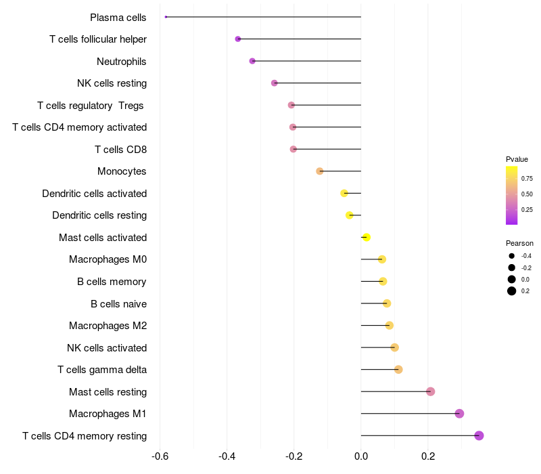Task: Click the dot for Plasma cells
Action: coord(166,17)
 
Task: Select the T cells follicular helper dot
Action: coord(238,39)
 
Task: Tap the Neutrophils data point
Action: coord(252,61)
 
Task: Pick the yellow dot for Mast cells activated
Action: coord(367,237)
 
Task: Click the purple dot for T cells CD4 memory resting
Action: coord(479,435)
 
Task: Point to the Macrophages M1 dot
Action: coord(459,414)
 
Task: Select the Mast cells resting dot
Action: coord(430,391)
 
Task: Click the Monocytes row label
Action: coord(122,171)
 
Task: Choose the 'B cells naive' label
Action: coord(118,303)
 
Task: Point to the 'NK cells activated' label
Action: coord(107,347)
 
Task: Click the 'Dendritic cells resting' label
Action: coord(99,215)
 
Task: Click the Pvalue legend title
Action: coord(517,159)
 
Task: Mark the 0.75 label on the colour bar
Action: coord(527,179)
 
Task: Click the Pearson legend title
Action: coord(519,243)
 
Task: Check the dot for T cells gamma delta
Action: coord(398,370)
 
